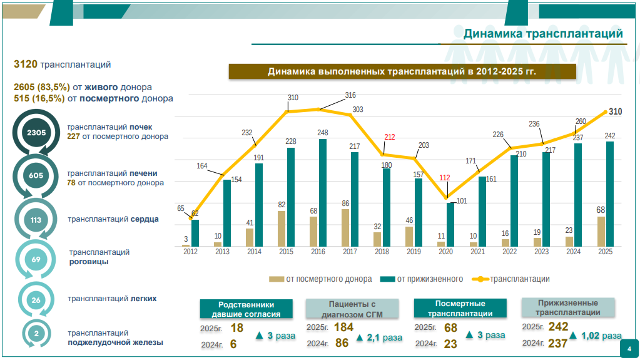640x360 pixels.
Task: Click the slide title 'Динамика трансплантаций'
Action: pyautogui.click(x=543, y=33)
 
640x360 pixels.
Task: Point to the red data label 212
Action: pyautogui.click(x=389, y=137)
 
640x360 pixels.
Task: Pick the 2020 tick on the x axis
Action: pyautogui.click(x=445, y=252)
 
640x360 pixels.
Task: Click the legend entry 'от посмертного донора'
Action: pyautogui.click(x=320, y=279)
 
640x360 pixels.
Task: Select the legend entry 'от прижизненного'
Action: pyautogui.click(x=423, y=279)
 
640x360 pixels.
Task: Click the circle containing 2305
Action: pyautogui.click(x=36, y=133)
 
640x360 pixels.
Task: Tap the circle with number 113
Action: pyautogui.click(x=36, y=220)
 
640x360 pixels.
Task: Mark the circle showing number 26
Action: pyautogui.click(x=36, y=300)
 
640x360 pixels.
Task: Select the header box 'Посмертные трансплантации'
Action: pyautogui.click(x=460, y=308)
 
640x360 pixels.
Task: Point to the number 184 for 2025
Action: pyautogui.click(x=343, y=327)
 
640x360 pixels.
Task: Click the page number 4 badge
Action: pyautogui.click(x=629, y=349)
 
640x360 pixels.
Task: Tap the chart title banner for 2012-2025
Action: pyautogui.click(x=402, y=71)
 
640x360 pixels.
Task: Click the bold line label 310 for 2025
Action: pyautogui.click(x=616, y=112)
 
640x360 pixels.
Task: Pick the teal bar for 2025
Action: pyautogui.click(x=610, y=193)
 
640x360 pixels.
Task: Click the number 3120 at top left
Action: pyautogui.click(x=26, y=64)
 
